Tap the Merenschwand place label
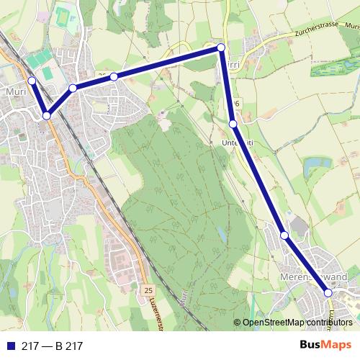click(310, 276)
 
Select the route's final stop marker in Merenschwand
click(328, 292)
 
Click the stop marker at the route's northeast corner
click(221, 48)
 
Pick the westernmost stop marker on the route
click(31, 81)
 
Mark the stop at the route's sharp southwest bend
click(46, 115)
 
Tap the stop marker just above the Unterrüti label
click(233, 125)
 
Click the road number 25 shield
click(148, 289)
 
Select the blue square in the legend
click(10, 346)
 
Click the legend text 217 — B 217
click(53, 346)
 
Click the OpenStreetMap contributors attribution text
click(300, 322)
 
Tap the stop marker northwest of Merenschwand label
click(284, 235)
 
